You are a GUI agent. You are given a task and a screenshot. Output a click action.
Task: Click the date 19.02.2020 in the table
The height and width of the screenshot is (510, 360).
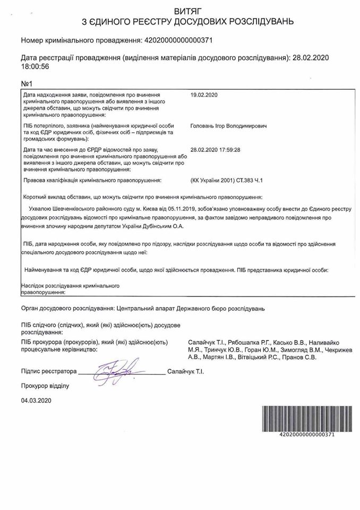coord(203,95)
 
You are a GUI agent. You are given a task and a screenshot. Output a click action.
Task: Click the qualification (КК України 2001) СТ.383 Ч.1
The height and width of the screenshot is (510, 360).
coord(227,181)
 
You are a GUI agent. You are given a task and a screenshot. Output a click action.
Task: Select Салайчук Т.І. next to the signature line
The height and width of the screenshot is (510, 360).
coord(185,372)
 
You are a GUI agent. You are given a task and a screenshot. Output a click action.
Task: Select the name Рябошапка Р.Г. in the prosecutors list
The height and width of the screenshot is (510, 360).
coord(248,342)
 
